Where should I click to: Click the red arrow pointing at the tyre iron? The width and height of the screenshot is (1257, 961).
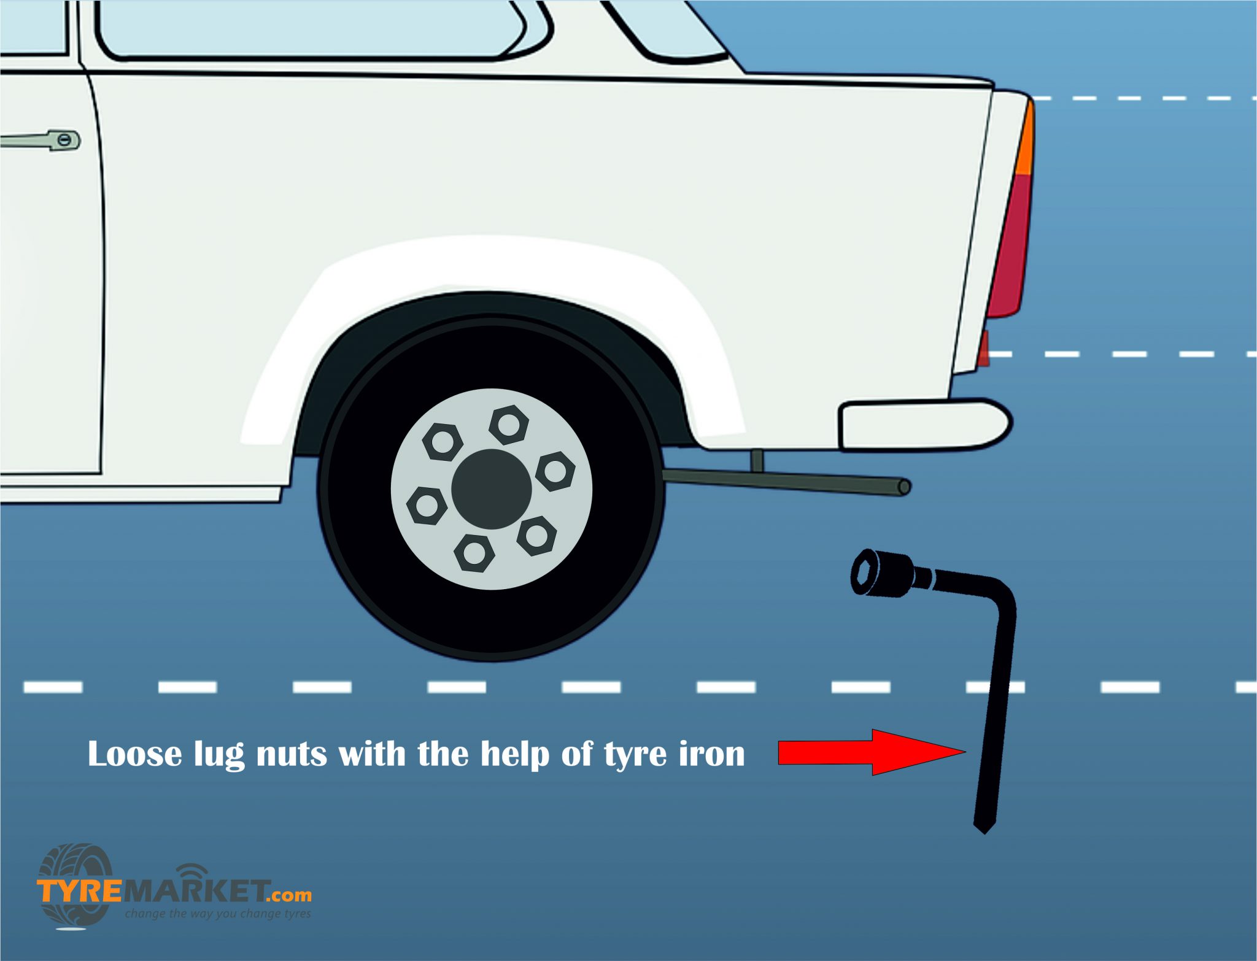pyautogui.click(x=872, y=752)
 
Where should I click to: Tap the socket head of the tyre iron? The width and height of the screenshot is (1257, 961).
pyautogui.click(x=882, y=573)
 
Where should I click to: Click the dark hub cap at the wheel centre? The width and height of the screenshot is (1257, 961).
pyautogui.click(x=491, y=488)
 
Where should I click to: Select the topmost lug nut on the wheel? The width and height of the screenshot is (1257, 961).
pyautogui.click(x=509, y=425)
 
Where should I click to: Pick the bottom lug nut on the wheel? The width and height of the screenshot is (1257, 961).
pyautogui.click(x=474, y=553)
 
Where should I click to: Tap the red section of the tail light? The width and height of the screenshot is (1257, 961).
pyautogui.click(x=1010, y=245)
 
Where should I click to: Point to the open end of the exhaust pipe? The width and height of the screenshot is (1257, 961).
pyautogui.click(x=904, y=487)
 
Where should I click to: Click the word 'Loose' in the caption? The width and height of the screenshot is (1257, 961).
pyautogui.click(x=135, y=754)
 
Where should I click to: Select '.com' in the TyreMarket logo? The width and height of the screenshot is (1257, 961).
pyautogui.click(x=289, y=895)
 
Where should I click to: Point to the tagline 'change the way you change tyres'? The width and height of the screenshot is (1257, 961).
pyautogui.click(x=218, y=914)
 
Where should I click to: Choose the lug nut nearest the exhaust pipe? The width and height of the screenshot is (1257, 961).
pyautogui.click(x=555, y=471)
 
